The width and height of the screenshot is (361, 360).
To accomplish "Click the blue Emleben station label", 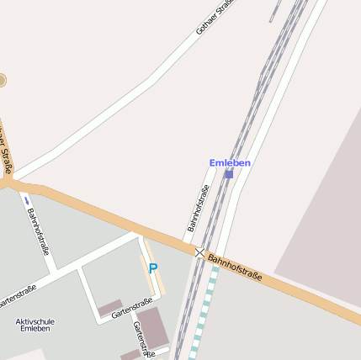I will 230,162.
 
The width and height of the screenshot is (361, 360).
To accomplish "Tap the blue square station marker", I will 229,174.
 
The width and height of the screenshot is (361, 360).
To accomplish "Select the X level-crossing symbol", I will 199,251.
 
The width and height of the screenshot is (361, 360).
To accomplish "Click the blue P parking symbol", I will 152,268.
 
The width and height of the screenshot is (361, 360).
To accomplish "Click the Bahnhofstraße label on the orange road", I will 236,267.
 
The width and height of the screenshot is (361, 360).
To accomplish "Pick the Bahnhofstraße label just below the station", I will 197,208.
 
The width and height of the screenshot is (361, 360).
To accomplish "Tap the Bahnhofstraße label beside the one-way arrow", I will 38,230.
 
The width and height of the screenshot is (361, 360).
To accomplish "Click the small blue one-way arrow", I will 26,200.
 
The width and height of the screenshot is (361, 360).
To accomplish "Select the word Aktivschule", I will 35,320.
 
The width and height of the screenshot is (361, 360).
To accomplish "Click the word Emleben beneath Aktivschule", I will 35,329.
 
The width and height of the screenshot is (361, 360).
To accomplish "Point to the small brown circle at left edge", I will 2,81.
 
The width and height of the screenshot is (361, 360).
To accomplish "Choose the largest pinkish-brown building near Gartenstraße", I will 153,327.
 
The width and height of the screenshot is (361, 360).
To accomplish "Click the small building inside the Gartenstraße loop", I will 110,309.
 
